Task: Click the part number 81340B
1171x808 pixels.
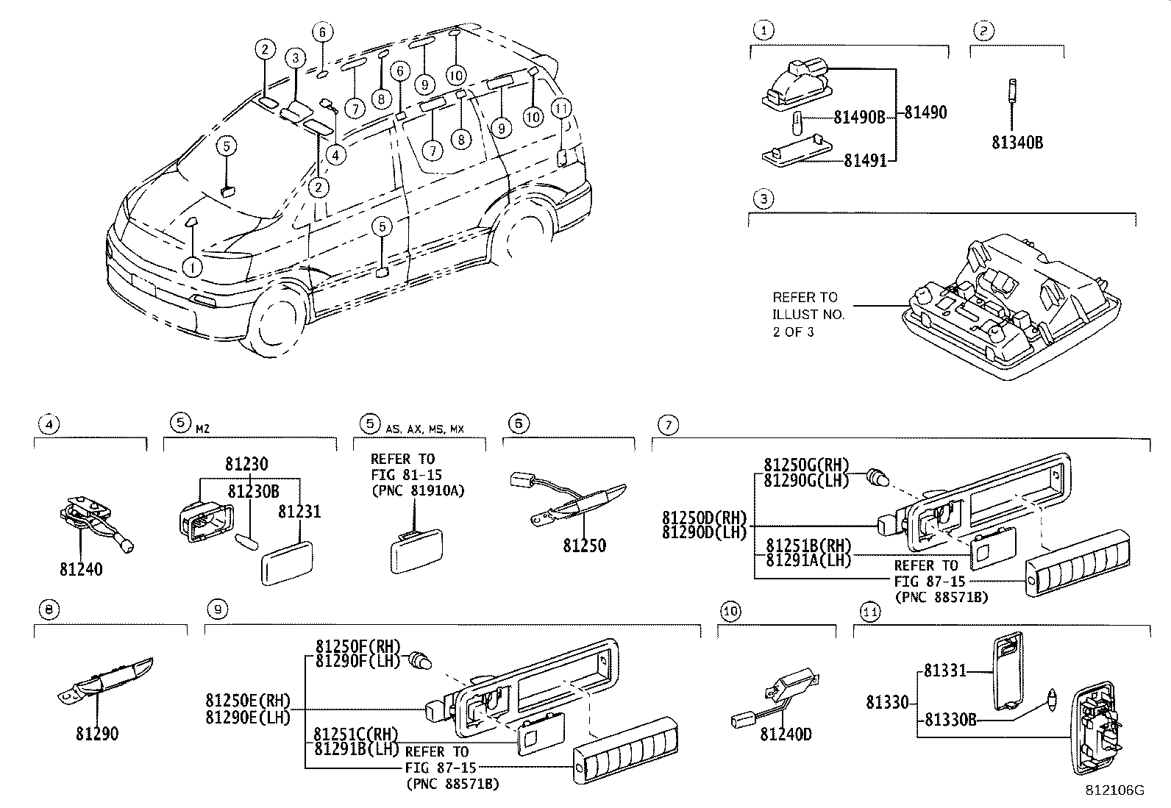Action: (x=1017, y=143)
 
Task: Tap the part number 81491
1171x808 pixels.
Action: (x=864, y=160)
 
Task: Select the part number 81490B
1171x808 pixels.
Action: (x=858, y=117)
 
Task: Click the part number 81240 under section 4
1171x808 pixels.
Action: (x=81, y=569)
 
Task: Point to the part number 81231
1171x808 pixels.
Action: (x=299, y=512)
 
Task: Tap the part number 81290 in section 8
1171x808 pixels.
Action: (x=96, y=734)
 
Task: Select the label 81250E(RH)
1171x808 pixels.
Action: (x=248, y=700)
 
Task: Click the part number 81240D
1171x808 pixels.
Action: (x=786, y=734)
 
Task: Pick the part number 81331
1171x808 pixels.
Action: (x=944, y=671)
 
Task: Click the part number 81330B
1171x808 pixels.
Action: (x=950, y=720)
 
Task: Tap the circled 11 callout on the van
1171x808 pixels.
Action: (x=561, y=109)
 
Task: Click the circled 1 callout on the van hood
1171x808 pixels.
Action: (x=192, y=267)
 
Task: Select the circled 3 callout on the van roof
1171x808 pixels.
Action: (x=295, y=57)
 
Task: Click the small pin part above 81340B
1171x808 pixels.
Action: (x=1013, y=93)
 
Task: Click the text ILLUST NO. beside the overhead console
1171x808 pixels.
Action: (x=808, y=314)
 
